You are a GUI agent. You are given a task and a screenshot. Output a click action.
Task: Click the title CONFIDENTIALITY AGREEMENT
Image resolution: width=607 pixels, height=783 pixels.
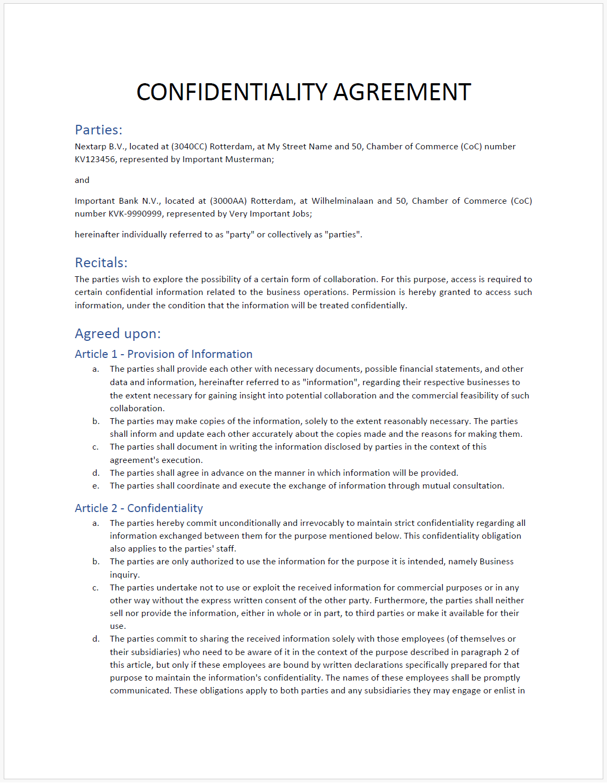(303, 92)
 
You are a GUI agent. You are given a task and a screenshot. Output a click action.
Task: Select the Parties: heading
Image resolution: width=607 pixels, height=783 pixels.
(99, 130)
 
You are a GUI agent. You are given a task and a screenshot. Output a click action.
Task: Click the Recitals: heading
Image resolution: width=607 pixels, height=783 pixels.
(101, 262)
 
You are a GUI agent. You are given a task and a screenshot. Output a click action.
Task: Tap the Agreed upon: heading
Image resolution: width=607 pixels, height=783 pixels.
(117, 333)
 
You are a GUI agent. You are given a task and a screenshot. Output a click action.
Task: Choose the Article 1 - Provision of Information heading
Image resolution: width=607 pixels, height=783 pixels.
(163, 354)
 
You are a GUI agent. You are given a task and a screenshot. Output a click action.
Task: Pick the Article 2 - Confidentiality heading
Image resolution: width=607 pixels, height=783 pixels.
(139, 508)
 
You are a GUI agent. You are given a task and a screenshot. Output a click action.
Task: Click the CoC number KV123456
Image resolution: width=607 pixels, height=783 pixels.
(94, 159)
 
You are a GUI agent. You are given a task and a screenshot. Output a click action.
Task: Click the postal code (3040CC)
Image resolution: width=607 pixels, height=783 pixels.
(189, 147)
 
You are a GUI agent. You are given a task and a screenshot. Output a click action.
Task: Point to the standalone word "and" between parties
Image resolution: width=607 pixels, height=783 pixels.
(82, 180)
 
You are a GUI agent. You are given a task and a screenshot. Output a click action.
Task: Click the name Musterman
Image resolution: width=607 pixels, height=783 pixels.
(250, 159)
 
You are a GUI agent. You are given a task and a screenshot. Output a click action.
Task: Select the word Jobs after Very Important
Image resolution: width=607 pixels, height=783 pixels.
(301, 214)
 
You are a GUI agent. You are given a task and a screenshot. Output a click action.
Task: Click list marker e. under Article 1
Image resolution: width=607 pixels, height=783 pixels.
(96, 486)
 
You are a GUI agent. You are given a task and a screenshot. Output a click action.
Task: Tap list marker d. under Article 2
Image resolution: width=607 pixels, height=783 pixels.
(96, 639)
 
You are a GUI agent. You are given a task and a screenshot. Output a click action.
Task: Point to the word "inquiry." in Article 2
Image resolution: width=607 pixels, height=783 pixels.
(125, 575)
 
